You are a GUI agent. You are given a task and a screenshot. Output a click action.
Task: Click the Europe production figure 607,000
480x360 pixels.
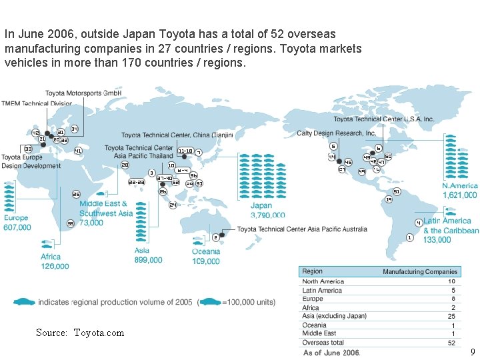click(x=18, y=227)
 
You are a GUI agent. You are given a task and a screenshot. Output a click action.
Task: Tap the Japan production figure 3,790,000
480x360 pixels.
click(x=267, y=215)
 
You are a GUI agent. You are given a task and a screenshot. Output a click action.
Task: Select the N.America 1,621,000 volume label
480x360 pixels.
click(x=460, y=195)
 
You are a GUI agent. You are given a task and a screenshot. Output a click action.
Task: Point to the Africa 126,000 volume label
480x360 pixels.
click(x=55, y=266)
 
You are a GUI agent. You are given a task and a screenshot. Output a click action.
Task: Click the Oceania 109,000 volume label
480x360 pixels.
click(x=206, y=261)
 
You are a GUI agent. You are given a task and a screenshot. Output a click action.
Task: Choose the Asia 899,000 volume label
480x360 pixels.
click(x=148, y=260)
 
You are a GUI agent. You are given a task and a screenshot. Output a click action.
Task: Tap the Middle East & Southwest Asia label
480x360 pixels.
click(x=105, y=208)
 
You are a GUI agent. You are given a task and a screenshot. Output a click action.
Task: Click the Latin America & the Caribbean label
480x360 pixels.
click(x=451, y=225)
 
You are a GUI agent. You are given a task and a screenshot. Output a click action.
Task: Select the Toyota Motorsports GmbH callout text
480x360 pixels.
click(x=79, y=93)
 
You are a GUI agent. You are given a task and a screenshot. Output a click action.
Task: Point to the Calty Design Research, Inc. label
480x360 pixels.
click(x=336, y=133)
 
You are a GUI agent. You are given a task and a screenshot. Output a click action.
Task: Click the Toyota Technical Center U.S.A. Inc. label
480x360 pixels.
click(x=383, y=119)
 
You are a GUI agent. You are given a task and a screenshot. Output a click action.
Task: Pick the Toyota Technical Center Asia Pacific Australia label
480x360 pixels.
click(x=302, y=229)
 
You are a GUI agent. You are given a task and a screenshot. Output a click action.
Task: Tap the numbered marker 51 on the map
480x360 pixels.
click(x=397, y=191)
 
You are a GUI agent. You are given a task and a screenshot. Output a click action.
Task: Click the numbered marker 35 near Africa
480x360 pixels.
click(x=71, y=223)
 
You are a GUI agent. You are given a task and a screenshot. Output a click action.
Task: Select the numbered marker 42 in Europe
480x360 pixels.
click(x=35, y=133)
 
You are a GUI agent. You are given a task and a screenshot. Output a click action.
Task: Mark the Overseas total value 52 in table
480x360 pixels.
click(x=451, y=343)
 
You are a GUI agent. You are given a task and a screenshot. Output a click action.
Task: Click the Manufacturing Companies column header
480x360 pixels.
click(x=419, y=272)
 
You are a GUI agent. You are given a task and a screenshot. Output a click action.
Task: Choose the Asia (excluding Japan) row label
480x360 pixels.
click(x=334, y=316)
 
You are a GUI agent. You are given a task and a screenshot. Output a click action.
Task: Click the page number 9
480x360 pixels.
click(x=473, y=352)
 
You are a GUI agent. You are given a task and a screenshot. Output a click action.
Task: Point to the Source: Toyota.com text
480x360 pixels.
click(x=80, y=333)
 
